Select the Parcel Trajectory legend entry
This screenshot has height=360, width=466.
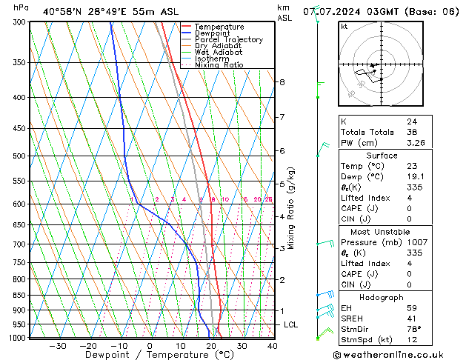coord(228,40)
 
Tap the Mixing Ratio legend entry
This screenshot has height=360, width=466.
coord(219,65)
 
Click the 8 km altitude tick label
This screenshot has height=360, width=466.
coord(282,82)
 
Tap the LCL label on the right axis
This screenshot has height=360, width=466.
coord(292,325)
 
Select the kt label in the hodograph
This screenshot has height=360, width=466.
coord(344,27)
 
